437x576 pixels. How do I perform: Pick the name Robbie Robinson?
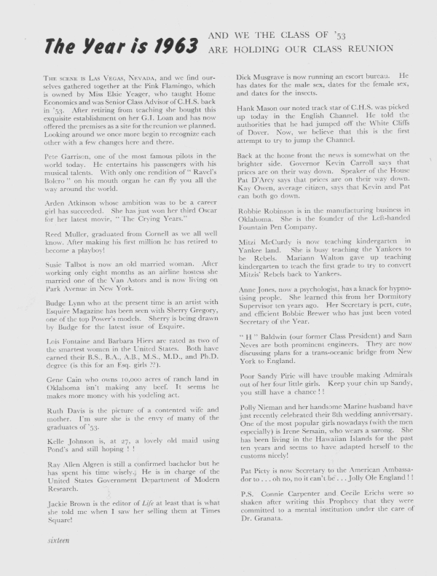coord(274,232)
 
